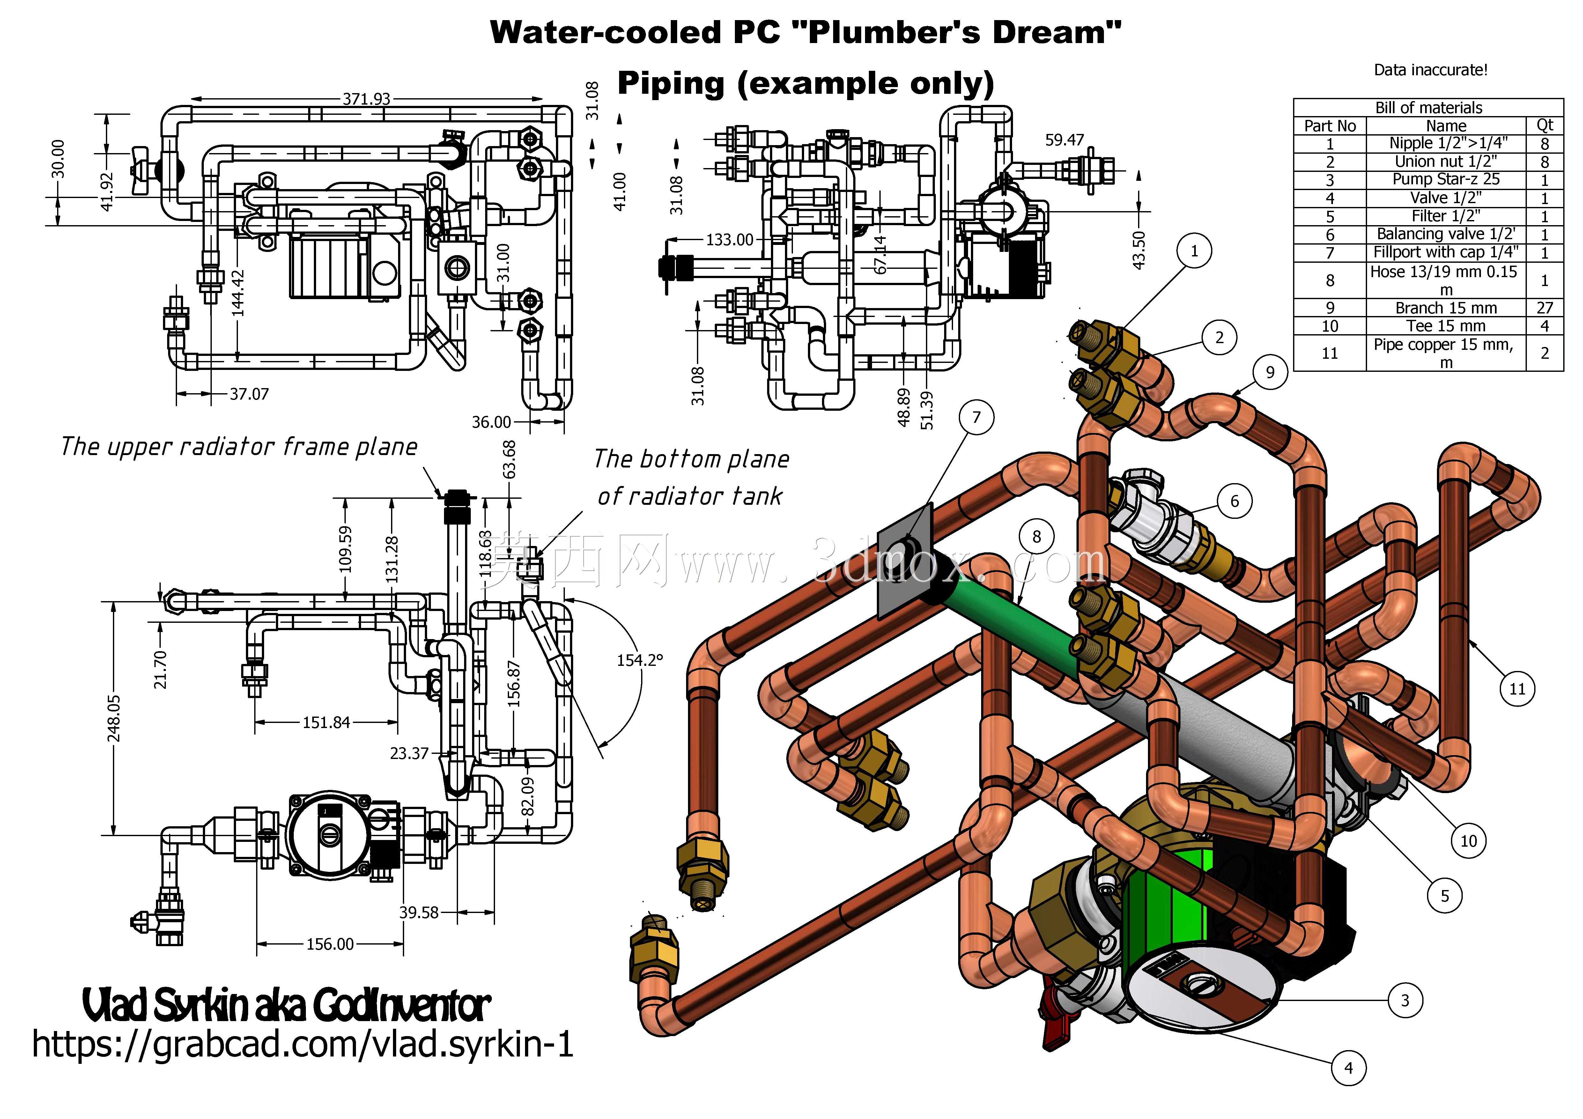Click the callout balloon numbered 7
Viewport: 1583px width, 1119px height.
tap(976, 417)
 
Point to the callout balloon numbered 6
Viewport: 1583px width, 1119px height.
tap(1234, 501)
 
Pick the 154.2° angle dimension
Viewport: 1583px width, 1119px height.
tap(639, 660)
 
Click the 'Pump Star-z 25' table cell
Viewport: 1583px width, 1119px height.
tap(1446, 179)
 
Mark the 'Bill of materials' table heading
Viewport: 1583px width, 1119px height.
tap(1429, 107)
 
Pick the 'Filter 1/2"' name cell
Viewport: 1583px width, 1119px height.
tap(1446, 216)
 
